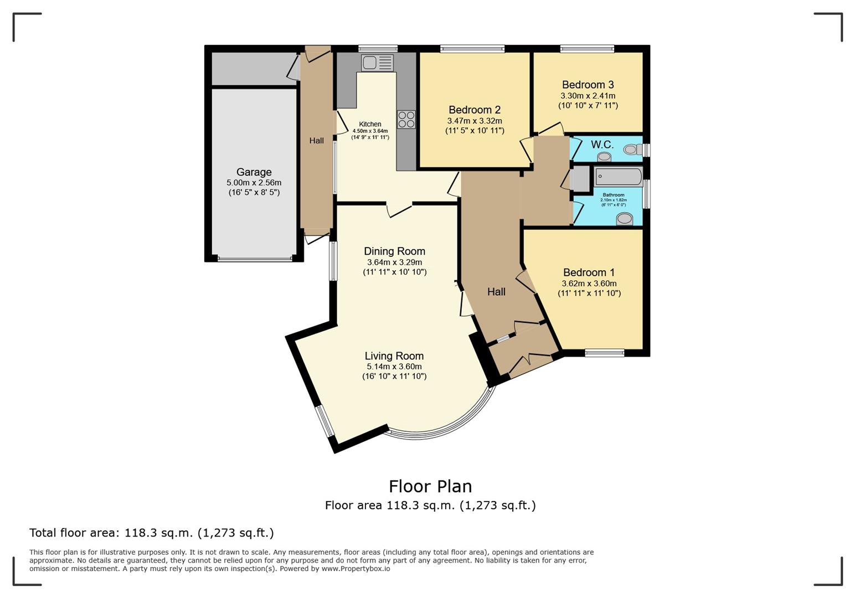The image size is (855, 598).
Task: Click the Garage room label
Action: [x=254, y=172]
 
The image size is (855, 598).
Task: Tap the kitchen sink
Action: [x=377, y=63]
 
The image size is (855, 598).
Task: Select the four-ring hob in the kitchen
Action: [x=406, y=120]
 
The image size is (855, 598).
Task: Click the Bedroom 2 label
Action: [x=475, y=110]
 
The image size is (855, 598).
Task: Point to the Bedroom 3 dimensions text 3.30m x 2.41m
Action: [x=588, y=96]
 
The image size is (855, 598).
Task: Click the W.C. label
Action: [x=602, y=145]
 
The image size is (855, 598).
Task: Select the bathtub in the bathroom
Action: [x=618, y=177]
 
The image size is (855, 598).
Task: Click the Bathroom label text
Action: [x=613, y=195]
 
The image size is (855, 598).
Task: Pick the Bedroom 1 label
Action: [x=589, y=272]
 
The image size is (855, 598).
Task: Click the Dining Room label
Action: [x=394, y=251]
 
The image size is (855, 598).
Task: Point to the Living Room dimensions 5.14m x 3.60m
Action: [x=394, y=367]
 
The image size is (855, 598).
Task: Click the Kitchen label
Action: [x=370, y=124]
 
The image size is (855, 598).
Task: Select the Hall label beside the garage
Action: [x=316, y=141]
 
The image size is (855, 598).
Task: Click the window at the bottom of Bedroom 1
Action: [x=604, y=353]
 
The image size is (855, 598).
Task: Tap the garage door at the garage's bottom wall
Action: [x=255, y=258]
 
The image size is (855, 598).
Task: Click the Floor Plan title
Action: [x=430, y=486]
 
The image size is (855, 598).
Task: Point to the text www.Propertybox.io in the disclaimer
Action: [x=356, y=569]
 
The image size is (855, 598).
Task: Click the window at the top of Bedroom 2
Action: [x=472, y=49]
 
